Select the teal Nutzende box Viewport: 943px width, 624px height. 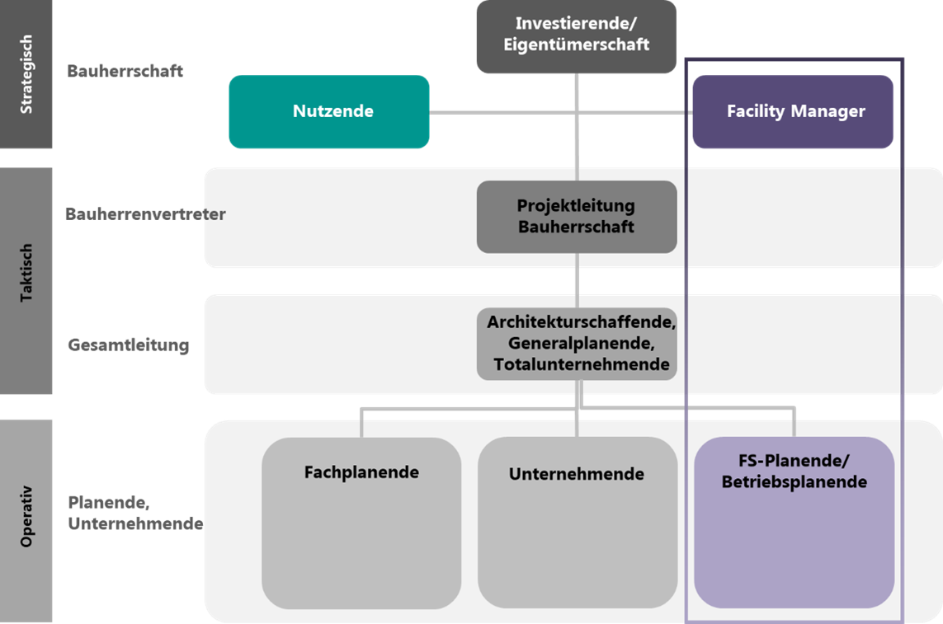pyautogui.click(x=329, y=112)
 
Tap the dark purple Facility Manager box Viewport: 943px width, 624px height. pyautogui.click(x=793, y=112)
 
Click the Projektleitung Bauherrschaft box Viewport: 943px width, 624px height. pyautogui.click(x=577, y=216)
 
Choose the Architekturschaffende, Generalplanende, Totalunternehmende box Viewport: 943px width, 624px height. pyautogui.click(x=577, y=343)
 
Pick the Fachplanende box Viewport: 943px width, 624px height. pyautogui.click(x=361, y=523)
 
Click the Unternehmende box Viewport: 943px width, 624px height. pyautogui.click(x=577, y=523)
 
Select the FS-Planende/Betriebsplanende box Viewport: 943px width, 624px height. pyautogui.click(x=794, y=523)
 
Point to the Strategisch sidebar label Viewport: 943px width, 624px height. pyautogui.click(x=26, y=74)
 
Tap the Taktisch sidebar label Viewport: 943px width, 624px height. pyautogui.click(x=26, y=272)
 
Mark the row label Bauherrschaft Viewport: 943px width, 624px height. pyautogui.click(x=125, y=71)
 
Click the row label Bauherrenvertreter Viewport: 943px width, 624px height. pyautogui.click(x=145, y=214)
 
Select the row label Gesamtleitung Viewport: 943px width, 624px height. pyautogui.click(x=129, y=345)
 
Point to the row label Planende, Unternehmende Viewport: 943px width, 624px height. pyautogui.click(x=135, y=513)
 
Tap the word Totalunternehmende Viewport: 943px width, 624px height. pyautogui.click(x=582, y=364)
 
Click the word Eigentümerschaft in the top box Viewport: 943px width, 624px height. pyautogui.click(x=577, y=45)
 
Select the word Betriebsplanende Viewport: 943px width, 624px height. pyautogui.click(x=794, y=481)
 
